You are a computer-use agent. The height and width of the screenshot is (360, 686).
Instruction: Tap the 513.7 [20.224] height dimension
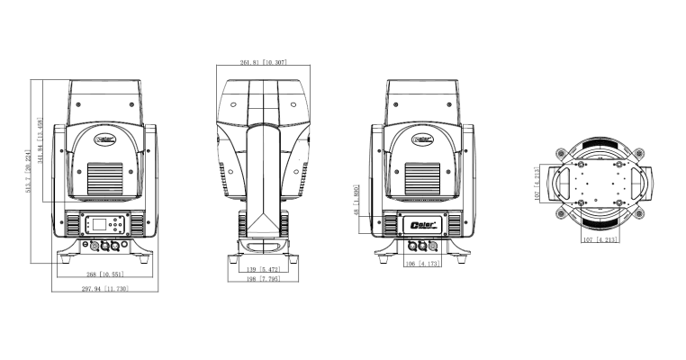[30, 171]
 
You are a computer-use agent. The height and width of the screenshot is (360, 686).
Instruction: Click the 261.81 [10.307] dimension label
[264, 62]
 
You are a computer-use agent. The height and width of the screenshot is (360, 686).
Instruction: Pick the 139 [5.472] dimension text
[263, 269]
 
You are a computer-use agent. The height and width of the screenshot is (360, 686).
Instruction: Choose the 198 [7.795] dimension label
[263, 279]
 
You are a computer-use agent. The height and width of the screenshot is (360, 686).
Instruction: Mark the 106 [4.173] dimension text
[420, 264]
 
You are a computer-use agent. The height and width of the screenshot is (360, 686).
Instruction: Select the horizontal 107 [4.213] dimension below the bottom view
[599, 241]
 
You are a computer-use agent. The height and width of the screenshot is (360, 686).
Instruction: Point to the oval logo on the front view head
[107, 139]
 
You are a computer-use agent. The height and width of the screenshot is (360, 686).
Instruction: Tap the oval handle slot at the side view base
[263, 245]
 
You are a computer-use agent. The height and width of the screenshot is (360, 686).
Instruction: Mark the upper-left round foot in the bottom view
[564, 150]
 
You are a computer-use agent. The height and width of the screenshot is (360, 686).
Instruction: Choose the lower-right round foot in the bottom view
[636, 217]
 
